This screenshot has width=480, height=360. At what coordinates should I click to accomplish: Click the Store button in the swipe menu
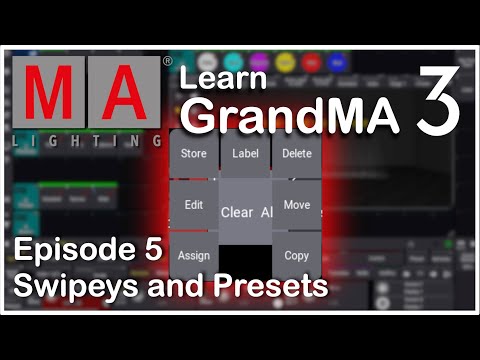pos(194,154)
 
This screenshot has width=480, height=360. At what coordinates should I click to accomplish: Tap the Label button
pos(245,154)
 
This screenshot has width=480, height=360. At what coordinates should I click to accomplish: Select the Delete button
pos(297,154)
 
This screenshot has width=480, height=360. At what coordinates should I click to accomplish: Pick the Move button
pos(297,204)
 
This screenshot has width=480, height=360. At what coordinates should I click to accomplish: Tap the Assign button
pos(194,255)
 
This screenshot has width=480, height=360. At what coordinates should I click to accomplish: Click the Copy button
pos(297,255)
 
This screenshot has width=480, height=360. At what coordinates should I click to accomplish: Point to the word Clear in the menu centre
pos(237,212)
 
